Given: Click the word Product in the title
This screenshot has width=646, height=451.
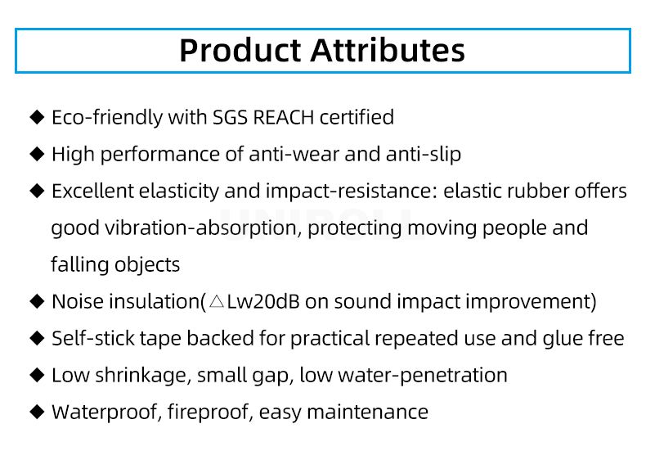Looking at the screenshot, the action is point(240,50).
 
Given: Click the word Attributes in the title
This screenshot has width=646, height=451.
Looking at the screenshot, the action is point(388,50).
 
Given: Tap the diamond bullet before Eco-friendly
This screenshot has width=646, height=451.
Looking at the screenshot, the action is point(37,118).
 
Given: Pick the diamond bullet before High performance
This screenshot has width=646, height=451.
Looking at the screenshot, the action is point(37,154).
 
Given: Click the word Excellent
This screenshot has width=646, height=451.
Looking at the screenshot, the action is point(92,192).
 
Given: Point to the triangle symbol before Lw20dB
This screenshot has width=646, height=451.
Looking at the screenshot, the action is point(217,302).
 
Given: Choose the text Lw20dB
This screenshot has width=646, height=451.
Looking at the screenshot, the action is point(263,302).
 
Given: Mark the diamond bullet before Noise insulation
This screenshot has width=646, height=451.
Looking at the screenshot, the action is point(37,301).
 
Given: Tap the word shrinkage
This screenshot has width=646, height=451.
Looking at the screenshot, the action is point(143,376).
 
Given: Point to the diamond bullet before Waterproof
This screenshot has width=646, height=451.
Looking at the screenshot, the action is point(37,412).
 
